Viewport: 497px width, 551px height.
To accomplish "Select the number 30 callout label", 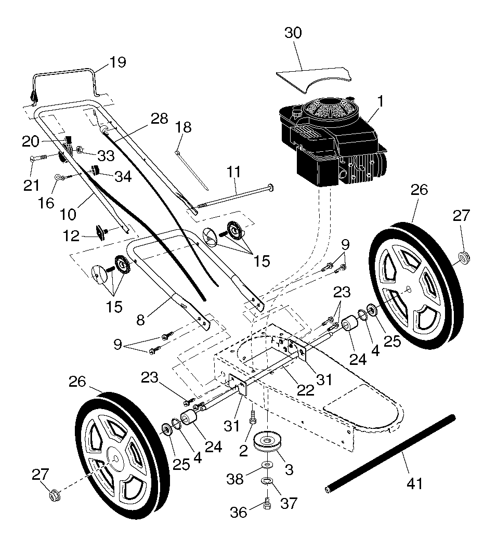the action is pyautogui.click(x=293, y=33).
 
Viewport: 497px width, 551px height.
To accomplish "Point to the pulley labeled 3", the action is pyautogui.click(x=268, y=443).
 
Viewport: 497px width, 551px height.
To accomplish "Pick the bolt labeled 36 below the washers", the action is pyautogui.click(x=267, y=504).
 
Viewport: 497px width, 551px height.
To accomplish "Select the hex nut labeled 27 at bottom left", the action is pyautogui.click(x=54, y=495).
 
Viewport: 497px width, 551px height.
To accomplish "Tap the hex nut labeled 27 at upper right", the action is pyautogui.click(x=465, y=259).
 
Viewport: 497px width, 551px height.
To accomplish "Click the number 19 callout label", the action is pyautogui.click(x=117, y=62).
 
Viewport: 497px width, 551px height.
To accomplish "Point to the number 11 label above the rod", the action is pyautogui.click(x=233, y=172).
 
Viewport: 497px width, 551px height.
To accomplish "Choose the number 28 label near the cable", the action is pyautogui.click(x=159, y=119).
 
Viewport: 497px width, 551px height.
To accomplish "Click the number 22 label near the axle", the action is pyautogui.click(x=305, y=390).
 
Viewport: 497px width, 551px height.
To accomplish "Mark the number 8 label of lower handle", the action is pyautogui.click(x=140, y=320).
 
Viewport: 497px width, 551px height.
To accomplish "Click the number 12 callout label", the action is pyautogui.click(x=71, y=236).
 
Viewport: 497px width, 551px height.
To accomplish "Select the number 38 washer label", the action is pyautogui.click(x=235, y=478).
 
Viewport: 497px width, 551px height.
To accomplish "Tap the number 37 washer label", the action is pyautogui.click(x=289, y=503).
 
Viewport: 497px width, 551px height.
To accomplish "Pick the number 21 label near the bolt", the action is pyautogui.click(x=31, y=185).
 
